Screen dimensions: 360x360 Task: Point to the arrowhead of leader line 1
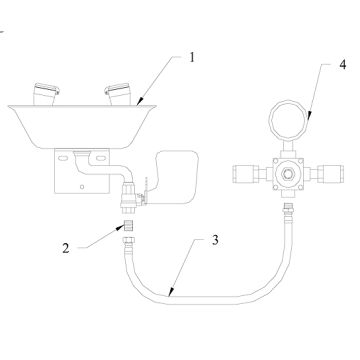click(x=138, y=102)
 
